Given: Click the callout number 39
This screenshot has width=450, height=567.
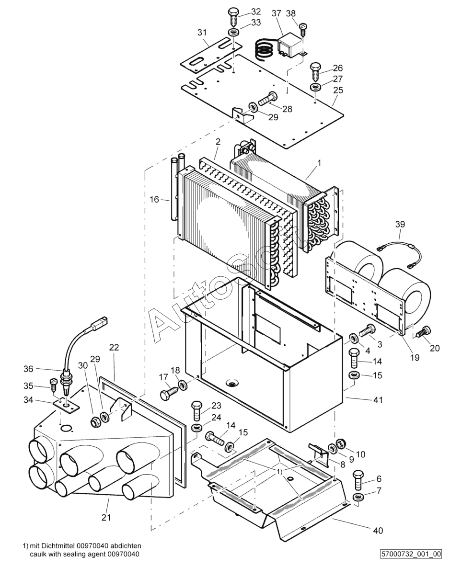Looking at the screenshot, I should click(400, 224).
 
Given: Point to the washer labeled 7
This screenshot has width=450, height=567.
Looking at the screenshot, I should click(358, 497).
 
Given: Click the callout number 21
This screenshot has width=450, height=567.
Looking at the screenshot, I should click(106, 517).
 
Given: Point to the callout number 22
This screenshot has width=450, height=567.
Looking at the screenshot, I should click(114, 347).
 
